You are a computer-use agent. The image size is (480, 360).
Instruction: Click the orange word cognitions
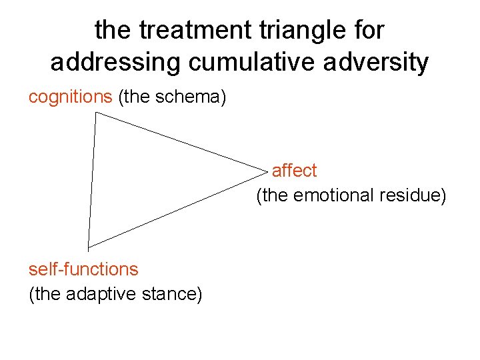point(70,97)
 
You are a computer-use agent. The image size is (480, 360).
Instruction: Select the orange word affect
point(294,171)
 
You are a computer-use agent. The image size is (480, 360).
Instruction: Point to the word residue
point(410,195)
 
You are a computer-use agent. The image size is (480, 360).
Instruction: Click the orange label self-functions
point(83,269)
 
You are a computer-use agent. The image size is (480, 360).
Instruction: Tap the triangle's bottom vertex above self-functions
point(87,247)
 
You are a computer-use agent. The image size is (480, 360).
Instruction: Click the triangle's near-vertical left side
point(91,180)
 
